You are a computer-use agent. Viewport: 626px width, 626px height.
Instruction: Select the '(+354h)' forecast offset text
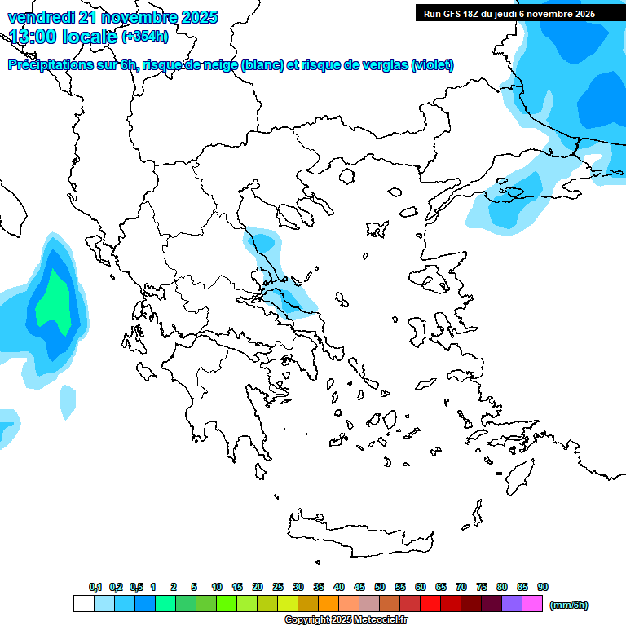pyautogui.click(x=145, y=36)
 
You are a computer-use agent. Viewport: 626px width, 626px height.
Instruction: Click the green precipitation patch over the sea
pyautogui.click(x=57, y=302)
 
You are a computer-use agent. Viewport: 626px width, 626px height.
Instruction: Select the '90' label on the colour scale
pyautogui.click(x=543, y=587)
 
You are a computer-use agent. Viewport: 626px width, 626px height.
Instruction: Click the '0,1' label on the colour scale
pyautogui.click(x=95, y=587)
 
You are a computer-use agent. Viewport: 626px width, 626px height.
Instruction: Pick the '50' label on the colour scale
pyautogui.click(x=380, y=587)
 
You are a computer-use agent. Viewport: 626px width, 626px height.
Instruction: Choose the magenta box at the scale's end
pyautogui.click(x=533, y=604)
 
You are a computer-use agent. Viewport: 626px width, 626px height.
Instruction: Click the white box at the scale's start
pyautogui.click(x=83, y=604)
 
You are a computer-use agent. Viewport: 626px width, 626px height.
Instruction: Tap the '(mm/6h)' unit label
pyautogui.click(x=569, y=605)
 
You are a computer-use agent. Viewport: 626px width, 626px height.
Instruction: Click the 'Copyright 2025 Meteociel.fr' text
pyautogui.click(x=346, y=620)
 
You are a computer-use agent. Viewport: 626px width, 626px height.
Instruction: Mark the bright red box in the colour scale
pyautogui.click(x=430, y=604)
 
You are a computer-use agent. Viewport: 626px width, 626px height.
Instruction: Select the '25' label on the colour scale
pyautogui.click(x=278, y=587)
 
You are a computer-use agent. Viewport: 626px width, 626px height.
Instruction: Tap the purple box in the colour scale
pyautogui.click(x=513, y=604)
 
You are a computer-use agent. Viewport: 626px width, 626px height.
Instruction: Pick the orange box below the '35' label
pyautogui.click(x=328, y=604)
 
